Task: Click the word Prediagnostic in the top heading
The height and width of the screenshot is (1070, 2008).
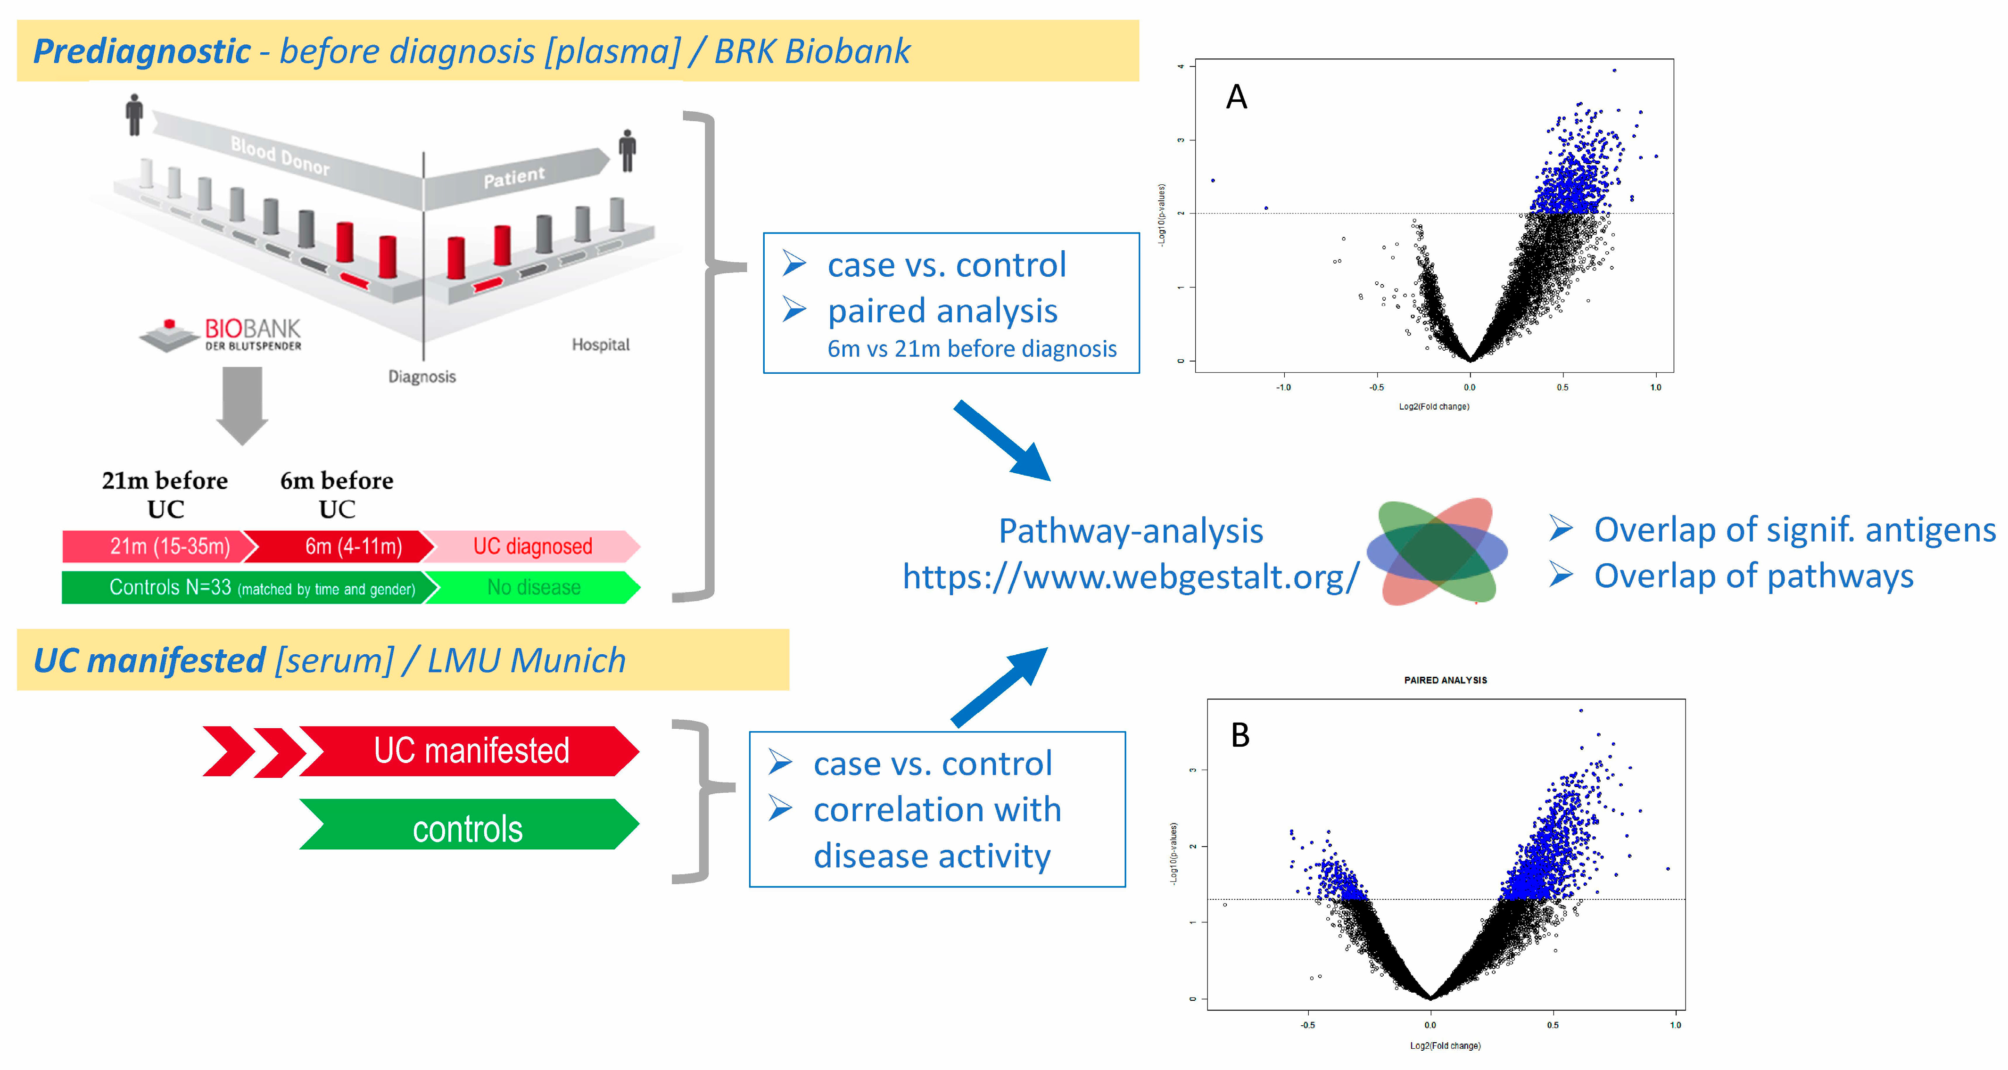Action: [142, 51]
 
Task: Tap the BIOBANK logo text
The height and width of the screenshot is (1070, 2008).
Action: [252, 334]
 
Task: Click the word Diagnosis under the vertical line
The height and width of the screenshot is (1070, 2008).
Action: [421, 377]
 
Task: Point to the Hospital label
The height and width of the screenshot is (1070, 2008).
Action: [600, 345]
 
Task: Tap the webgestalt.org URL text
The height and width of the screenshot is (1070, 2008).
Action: [1130, 576]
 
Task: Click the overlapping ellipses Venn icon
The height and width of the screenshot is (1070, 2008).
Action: [1437, 551]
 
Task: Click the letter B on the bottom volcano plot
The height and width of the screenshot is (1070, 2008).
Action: [1240, 735]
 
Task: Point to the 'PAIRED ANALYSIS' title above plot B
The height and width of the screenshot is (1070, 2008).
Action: [1445, 680]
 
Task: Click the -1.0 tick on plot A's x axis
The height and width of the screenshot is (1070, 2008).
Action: [1282, 387]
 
